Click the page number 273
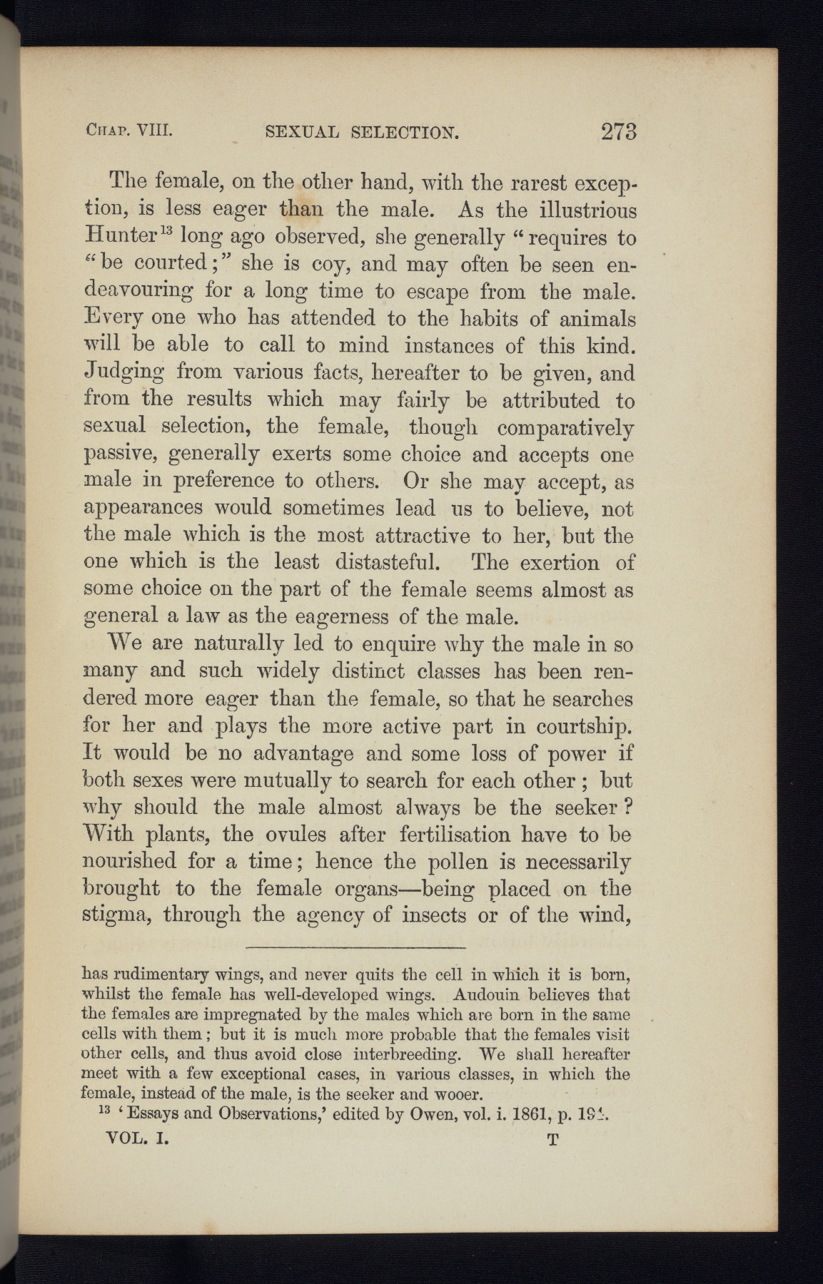tap(618, 132)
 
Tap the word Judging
tap(125, 373)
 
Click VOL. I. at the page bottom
tap(137, 1139)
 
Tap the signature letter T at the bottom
tap(552, 1140)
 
